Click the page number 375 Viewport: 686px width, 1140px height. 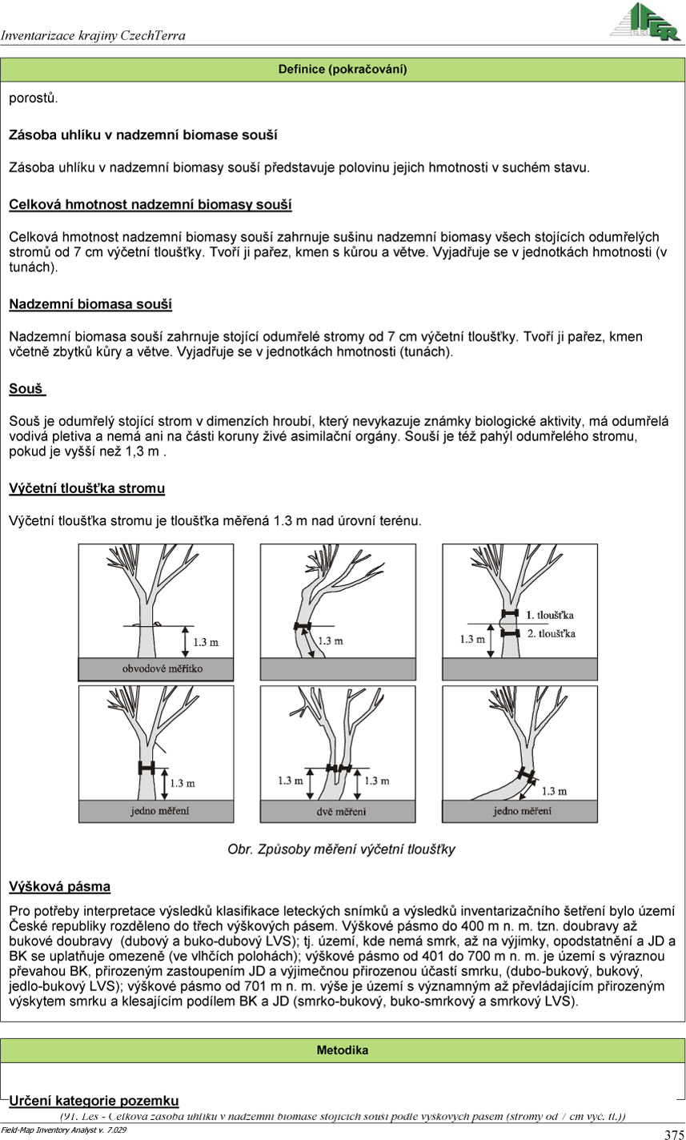point(673,1134)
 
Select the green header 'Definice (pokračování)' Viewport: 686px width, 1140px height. point(343,70)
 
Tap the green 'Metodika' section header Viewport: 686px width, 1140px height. point(343,1050)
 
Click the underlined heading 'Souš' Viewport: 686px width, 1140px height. point(26,389)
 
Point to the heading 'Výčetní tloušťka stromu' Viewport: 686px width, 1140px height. point(86,488)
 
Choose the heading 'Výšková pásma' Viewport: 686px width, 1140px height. point(59,886)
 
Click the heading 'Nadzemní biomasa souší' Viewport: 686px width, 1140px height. point(90,304)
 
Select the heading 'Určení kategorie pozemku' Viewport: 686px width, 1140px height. point(94,1101)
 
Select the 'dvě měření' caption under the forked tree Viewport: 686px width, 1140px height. point(339,811)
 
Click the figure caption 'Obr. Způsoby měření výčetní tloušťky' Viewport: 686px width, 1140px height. point(342,849)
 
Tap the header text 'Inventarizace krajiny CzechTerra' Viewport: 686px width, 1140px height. point(93,35)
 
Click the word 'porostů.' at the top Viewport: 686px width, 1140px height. point(33,98)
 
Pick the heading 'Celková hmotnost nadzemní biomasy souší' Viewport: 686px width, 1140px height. point(150,204)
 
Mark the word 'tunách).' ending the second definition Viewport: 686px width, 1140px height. point(33,267)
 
